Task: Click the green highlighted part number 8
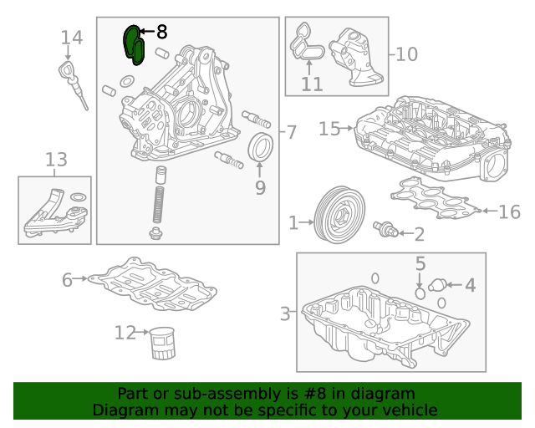pyautogui.click(x=134, y=44)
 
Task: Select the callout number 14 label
pyautogui.click(x=72, y=38)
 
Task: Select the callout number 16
pyautogui.click(x=509, y=212)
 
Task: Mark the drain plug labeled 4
pyautogui.click(x=437, y=286)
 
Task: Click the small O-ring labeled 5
pyautogui.click(x=420, y=293)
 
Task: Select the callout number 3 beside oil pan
pyautogui.click(x=285, y=313)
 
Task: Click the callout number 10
pyautogui.click(x=405, y=55)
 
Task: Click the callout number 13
pyautogui.click(x=56, y=159)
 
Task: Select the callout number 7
pyautogui.click(x=290, y=132)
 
